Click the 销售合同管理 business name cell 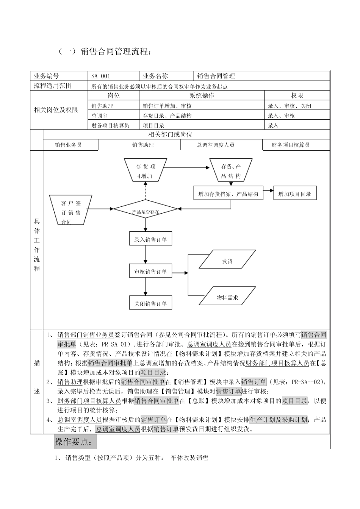point(261,76)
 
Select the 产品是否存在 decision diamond point(146,209)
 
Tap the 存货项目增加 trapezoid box point(146,170)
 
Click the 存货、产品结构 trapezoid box point(231,170)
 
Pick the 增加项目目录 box point(294,194)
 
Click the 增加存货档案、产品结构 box point(228,194)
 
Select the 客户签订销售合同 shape point(70,209)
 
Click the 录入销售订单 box point(150,239)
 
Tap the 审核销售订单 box point(150,272)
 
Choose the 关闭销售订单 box point(150,303)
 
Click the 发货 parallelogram point(227,261)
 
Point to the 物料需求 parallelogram point(227,298)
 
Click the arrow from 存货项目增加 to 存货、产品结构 point(188,167)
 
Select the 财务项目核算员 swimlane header point(291,145)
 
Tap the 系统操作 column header point(202,96)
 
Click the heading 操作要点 point(76,442)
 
